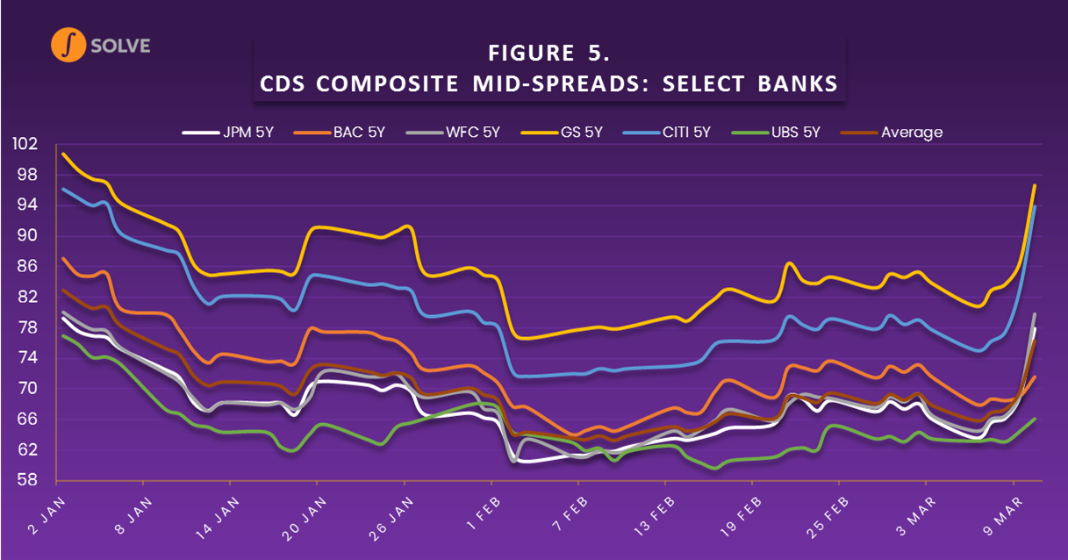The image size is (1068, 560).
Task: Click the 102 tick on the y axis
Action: [x=27, y=145]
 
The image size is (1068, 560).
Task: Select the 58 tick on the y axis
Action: [x=30, y=480]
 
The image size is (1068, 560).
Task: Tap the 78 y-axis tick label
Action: [x=30, y=327]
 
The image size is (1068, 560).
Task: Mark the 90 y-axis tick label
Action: [x=30, y=236]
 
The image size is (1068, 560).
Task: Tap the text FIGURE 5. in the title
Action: [x=548, y=54]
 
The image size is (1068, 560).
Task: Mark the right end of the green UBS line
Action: [x=1036, y=419]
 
